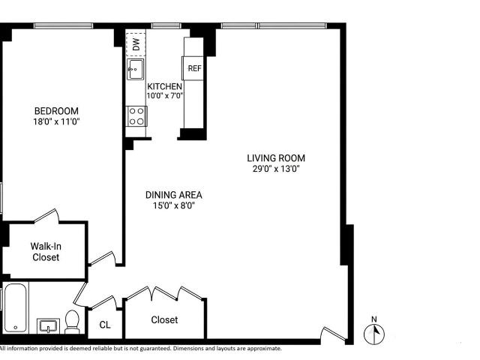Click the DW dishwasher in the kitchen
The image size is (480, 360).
(136, 43)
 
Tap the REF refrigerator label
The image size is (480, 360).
(194, 68)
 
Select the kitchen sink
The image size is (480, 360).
(135, 70)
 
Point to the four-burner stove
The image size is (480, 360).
(136, 116)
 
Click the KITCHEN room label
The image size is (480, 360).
(165, 86)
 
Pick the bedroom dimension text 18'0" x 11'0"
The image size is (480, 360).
(56, 121)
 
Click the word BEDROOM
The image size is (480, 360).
(56, 111)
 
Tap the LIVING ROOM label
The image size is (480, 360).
(276, 158)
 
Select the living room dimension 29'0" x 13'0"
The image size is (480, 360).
(276, 168)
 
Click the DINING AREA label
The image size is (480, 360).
(173, 195)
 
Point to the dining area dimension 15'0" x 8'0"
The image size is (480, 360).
(173, 205)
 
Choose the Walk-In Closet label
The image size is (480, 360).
(46, 252)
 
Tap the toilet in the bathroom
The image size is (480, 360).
(72, 322)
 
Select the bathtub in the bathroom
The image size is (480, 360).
(15, 308)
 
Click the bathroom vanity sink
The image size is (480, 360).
(48, 325)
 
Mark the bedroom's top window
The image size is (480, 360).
(63, 26)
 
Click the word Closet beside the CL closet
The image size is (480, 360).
(164, 320)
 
